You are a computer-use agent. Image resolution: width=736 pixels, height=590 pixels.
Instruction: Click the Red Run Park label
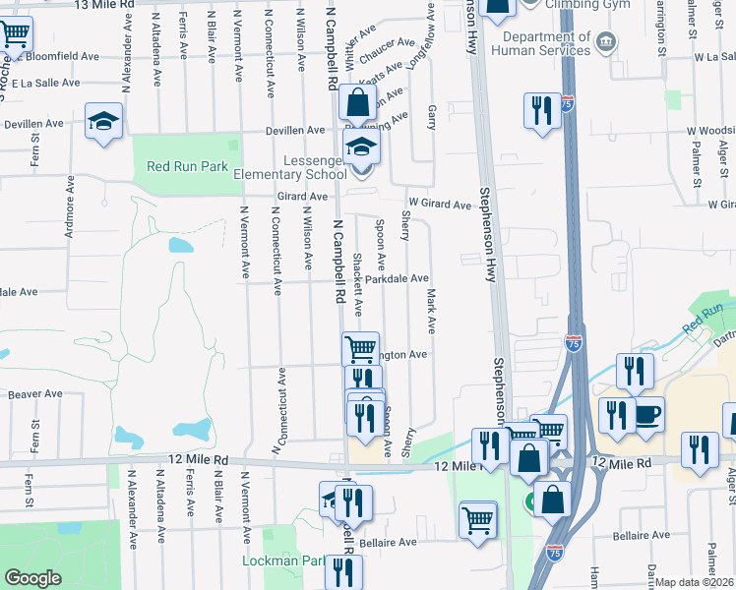(187, 165)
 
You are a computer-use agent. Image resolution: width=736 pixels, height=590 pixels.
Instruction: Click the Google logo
(32, 578)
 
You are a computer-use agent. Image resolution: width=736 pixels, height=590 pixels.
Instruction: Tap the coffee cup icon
(648, 414)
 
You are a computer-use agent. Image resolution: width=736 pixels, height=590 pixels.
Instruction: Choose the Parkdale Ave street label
(397, 279)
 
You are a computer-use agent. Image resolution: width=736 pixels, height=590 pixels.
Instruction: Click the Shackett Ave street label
(358, 285)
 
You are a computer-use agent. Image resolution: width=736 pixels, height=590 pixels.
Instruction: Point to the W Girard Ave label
(441, 204)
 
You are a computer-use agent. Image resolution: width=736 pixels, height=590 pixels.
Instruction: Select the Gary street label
(432, 119)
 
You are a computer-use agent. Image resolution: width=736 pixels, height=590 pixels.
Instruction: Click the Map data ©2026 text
(695, 582)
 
